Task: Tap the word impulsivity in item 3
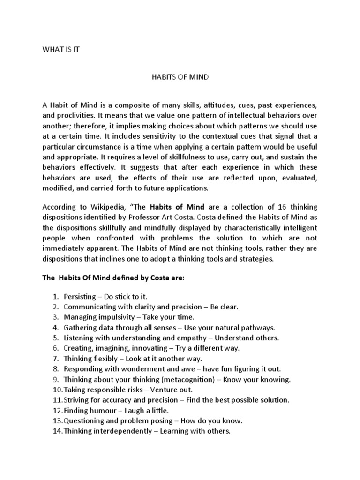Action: tap(114, 317)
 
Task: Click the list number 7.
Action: tap(55, 359)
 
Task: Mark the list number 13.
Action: tap(57, 420)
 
